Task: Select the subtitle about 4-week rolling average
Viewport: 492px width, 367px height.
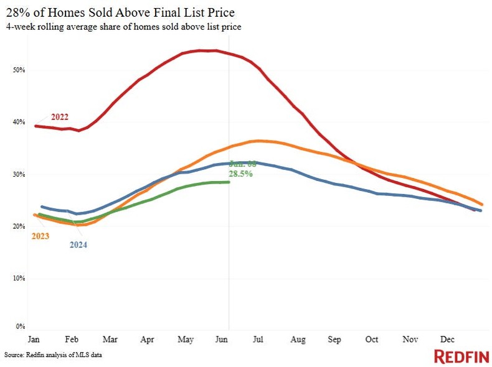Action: [x=123, y=27]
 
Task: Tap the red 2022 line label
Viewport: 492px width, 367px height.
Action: [x=60, y=117]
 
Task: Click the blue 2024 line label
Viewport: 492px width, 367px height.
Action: [x=77, y=244]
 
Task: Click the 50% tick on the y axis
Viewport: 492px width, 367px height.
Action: [x=20, y=70]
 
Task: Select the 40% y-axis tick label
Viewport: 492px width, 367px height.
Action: [x=20, y=123]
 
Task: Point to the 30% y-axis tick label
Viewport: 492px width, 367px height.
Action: [x=20, y=175]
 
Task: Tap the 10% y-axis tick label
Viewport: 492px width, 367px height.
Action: [x=20, y=278]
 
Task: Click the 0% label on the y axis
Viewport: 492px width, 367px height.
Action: [x=21, y=326]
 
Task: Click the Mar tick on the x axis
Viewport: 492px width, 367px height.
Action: [x=110, y=340]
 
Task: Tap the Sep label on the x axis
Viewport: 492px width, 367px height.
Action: [x=334, y=340]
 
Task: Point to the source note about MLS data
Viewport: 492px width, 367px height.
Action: [x=53, y=355]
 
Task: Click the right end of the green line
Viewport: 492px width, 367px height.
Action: [x=229, y=182]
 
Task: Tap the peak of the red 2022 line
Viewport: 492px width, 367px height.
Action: [x=206, y=50]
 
